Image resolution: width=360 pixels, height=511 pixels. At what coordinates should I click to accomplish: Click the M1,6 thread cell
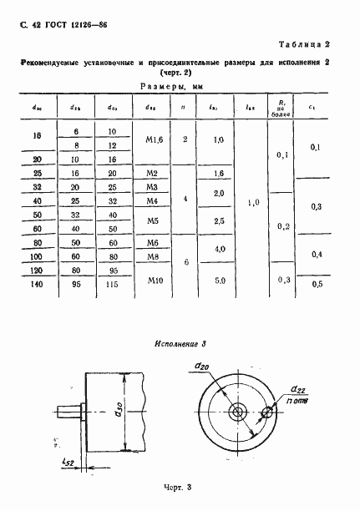pos(152,140)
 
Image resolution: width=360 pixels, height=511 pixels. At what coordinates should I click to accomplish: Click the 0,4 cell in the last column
pos(315,255)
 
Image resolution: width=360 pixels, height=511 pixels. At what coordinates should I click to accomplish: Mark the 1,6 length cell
pos(219,173)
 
